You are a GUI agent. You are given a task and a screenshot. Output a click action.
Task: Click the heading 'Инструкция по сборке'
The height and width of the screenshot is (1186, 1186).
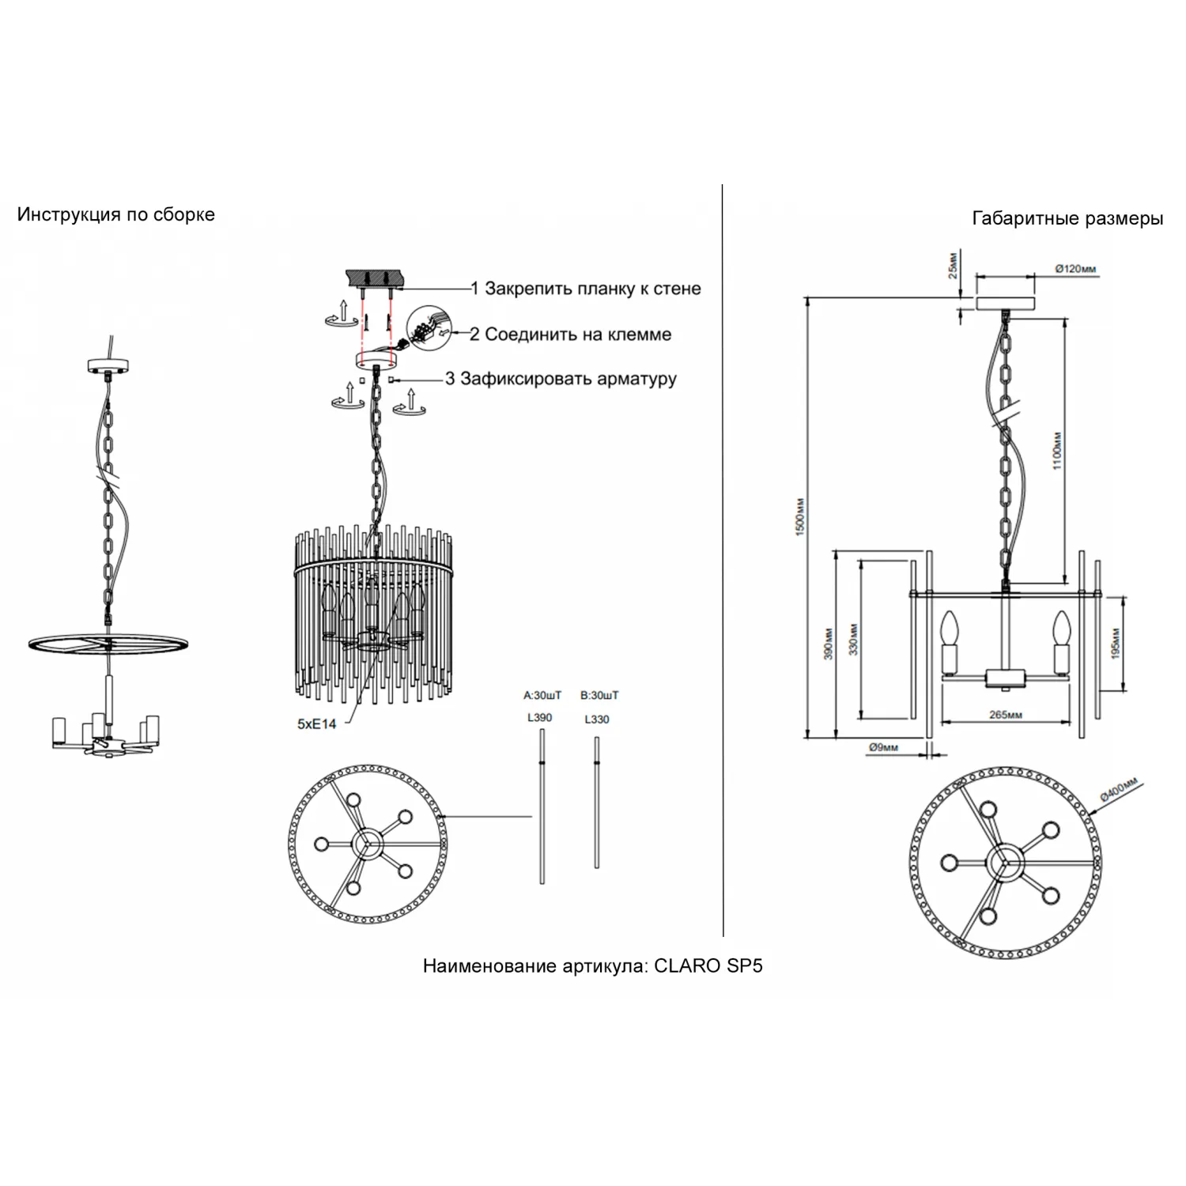tap(116, 215)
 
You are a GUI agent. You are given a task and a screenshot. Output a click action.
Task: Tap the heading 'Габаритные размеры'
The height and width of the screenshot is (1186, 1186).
tap(1067, 219)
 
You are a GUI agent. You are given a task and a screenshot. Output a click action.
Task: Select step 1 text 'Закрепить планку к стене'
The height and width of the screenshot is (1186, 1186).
tap(593, 289)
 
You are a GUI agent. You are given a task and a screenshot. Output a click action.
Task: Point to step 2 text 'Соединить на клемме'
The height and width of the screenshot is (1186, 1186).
tap(578, 334)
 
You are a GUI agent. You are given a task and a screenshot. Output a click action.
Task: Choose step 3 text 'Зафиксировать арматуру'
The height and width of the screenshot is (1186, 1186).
tap(568, 379)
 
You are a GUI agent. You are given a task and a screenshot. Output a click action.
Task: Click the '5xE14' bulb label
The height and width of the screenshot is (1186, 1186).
tap(317, 724)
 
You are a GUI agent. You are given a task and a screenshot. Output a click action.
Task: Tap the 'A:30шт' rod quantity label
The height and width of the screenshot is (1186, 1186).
tap(542, 696)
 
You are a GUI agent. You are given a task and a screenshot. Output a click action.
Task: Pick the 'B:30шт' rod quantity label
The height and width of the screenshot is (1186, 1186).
tap(599, 696)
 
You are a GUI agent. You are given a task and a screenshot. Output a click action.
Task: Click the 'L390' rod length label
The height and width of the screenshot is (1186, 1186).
tap(540, 718)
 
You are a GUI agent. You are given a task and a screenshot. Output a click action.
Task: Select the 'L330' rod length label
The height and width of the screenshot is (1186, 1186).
tap(597, 720)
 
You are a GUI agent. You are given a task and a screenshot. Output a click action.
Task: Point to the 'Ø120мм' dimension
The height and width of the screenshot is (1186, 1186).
tap(1075, 269)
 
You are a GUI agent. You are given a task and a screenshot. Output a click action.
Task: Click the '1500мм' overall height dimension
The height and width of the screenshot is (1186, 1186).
tap(800, 517)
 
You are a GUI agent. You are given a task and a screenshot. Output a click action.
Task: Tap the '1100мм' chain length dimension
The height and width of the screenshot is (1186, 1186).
tap(1058, 451)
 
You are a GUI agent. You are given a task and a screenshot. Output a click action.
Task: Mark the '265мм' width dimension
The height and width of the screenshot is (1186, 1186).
tap(1006, 715)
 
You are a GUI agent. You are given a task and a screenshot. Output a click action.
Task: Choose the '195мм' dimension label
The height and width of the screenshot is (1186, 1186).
tap(1116, 644)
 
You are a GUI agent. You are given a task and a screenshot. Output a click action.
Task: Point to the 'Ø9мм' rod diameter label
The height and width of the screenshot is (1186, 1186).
tap(883, 747)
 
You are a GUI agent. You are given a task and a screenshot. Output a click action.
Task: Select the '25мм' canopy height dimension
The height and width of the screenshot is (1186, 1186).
tap(954, 265)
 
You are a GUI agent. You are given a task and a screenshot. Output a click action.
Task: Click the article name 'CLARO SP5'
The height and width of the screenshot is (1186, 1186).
tap(708, 965)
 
